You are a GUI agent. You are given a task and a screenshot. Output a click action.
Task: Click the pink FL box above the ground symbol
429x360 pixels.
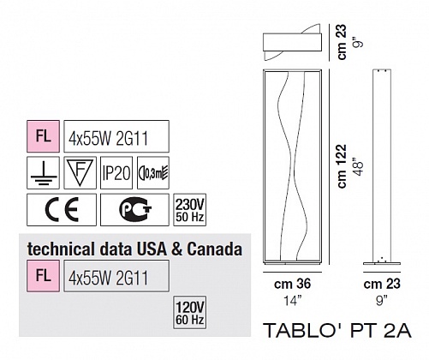tap(43, 136)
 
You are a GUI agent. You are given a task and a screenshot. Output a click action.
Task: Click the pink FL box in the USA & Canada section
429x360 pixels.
tap(43, 276)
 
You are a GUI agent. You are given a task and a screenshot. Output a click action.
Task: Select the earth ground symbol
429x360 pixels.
tap(43, 173)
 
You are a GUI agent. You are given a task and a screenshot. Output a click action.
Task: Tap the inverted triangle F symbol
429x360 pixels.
tap(80, 173)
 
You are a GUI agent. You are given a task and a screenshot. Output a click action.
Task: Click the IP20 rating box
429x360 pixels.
tap(116, 173)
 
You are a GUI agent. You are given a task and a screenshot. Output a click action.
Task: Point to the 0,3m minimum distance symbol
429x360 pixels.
tap(153, 173)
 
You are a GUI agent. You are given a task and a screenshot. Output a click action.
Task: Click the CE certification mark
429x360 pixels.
tap(62, 210)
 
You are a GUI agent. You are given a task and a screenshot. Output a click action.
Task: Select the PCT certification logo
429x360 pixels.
tap(134, 210)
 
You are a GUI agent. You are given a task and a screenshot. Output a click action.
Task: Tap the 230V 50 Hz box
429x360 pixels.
tap(190, 210)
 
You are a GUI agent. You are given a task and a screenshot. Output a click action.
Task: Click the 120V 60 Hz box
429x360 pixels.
tap(190, 312)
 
